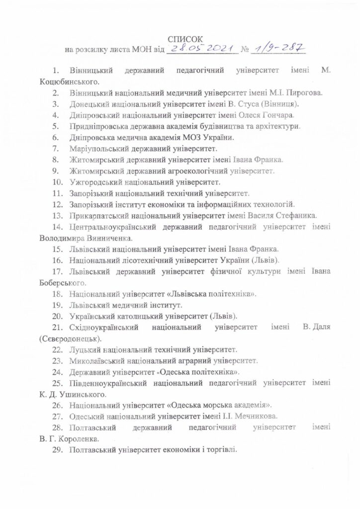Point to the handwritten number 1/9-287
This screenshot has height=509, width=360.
[x=279, y=48]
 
